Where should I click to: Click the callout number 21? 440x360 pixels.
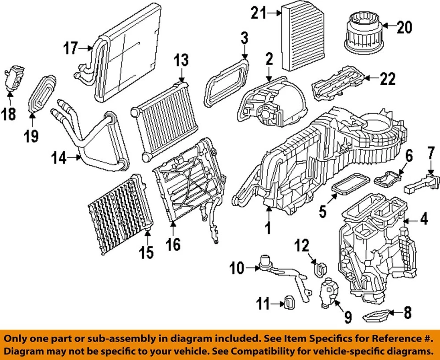[x=258, y=14]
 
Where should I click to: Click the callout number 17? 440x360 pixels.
[x=71, y=48]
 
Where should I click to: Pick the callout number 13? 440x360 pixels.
[x=181, y=60]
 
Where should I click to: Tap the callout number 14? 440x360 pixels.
[x=60, y=159]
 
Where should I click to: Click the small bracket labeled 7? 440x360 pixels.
[x=419, y=184]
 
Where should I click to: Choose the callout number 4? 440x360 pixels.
[x=424, y=220]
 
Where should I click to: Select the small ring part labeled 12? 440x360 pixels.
[x=318, y=268]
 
